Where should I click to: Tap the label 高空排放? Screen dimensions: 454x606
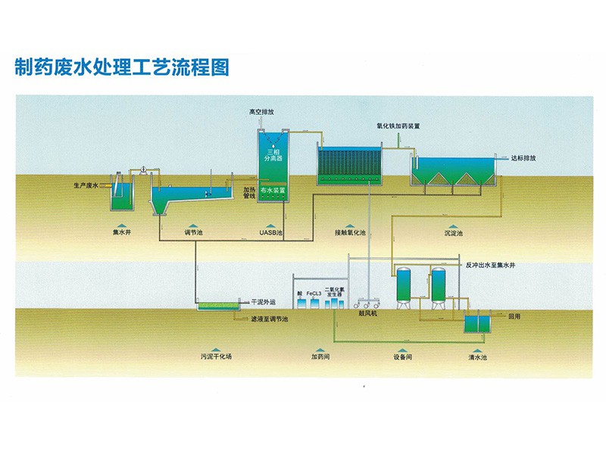(x=261, y=112)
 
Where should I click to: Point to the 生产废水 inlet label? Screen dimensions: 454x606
(x=86, y=185)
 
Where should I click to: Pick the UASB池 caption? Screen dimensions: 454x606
(x=271, y=232)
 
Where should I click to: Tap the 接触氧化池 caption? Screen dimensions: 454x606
(x=350, y=232)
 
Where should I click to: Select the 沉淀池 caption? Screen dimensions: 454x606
(x=454, y=233)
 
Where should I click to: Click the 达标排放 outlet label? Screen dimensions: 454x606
(x=523, y=158)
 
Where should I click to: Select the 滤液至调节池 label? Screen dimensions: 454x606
(x=270, y=319)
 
